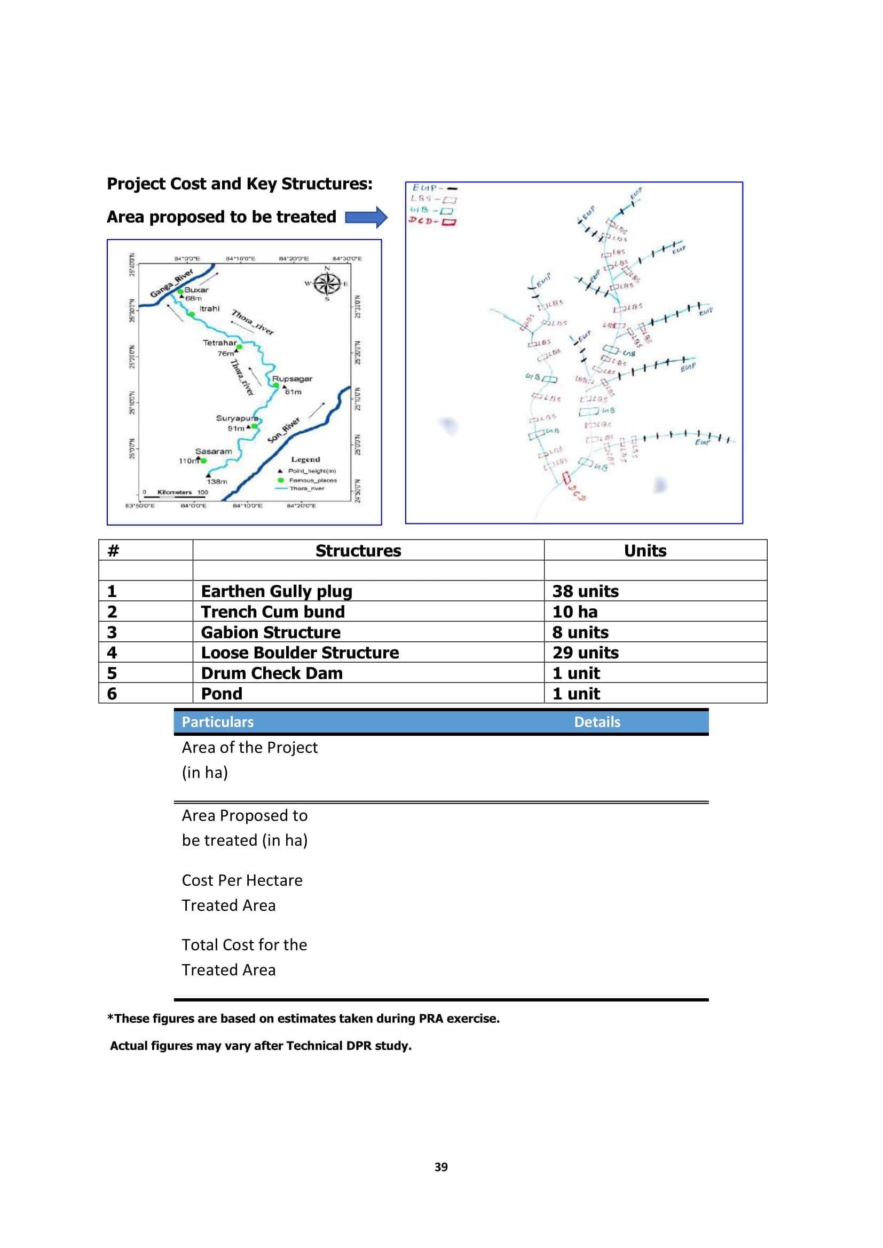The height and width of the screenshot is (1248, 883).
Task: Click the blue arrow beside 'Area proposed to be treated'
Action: (366, 217)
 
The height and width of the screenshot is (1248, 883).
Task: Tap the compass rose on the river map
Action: (327, 283)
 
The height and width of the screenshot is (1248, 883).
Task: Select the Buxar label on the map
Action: (196, 290)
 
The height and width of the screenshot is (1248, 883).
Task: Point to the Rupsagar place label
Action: (292, 379)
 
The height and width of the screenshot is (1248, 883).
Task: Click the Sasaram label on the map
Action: (213, 451)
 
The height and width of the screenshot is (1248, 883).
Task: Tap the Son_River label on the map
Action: (283, 431)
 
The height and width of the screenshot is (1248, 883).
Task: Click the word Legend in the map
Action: (305, 459)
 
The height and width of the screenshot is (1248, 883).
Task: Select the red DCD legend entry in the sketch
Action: (432, 221)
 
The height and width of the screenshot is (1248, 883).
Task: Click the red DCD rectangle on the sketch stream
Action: (566, 478)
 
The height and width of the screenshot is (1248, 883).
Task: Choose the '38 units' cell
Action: (585, 591)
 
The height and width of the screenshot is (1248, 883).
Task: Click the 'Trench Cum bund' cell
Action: (272, 611)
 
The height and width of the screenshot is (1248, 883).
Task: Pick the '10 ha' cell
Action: (575, 611)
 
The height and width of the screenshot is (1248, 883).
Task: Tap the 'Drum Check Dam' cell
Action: (271, 673)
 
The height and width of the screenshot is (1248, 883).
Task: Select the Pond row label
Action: (222, 694)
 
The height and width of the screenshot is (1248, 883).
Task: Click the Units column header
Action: (645, 551)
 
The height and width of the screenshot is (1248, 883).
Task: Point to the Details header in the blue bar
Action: (597, 722)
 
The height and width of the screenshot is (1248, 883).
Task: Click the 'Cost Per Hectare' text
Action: (242, 880)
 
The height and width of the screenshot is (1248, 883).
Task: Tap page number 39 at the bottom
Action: (441, 1167)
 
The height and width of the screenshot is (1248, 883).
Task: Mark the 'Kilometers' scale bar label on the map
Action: (174, 492)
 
